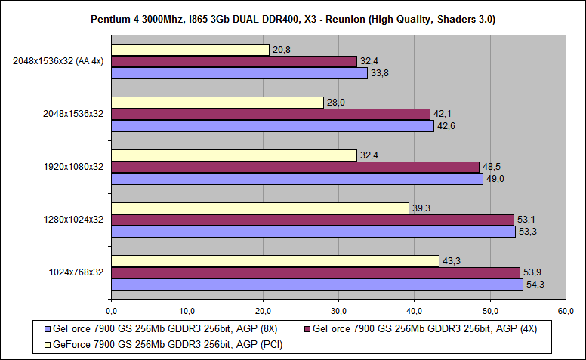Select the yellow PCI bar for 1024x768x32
point(275,260)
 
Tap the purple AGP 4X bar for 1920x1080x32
point(295,167)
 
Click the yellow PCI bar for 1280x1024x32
point(260,208)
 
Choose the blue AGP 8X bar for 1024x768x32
point(316,285)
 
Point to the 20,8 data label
point(281,49)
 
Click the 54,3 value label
point(535,285)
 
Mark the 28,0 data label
point(335,102)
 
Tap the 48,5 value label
point(492,167)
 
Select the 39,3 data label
point(421,208)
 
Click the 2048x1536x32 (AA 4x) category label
point(58,61)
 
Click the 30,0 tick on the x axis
point(338,310)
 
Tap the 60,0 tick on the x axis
point(566,310)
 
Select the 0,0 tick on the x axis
point(111,310)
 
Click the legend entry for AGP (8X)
point(163,329)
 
